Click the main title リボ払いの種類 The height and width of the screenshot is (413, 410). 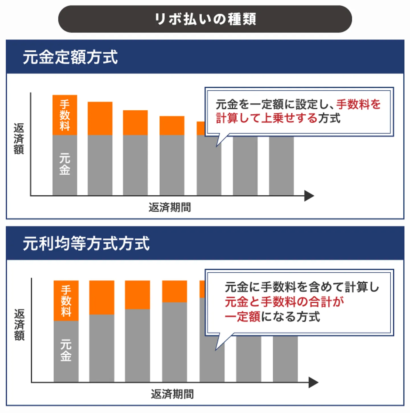(205, 19)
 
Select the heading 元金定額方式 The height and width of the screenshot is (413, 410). (70, 57)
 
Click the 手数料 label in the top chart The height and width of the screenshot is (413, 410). (65, 115)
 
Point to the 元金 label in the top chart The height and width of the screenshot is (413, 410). (65, 164)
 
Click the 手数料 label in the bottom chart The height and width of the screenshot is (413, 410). (66, 301)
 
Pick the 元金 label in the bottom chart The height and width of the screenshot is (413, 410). (66, 351)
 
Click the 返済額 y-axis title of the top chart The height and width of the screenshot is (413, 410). (19, 139)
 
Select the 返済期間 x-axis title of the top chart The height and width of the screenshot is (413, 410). (170, 207)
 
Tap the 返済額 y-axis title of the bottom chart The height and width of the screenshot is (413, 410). (19, 325)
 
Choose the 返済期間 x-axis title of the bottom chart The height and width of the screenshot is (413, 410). (172, 394)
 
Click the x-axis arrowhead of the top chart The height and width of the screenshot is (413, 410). (309, 196)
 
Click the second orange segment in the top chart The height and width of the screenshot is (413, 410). (100, 118)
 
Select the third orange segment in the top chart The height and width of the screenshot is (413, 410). (135, 123)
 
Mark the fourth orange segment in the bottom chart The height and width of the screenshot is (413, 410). (175, 291)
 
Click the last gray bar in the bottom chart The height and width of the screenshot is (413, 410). (285, 359)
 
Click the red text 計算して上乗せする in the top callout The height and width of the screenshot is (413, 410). (266, 118)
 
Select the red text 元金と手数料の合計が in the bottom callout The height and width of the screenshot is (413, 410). (284, 302)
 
